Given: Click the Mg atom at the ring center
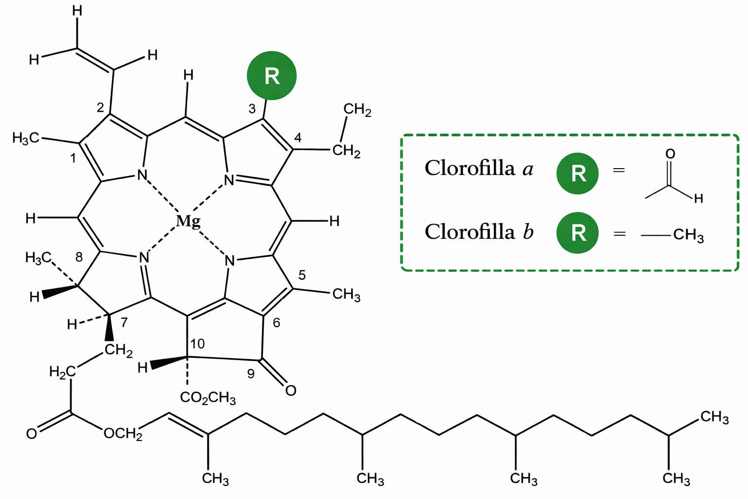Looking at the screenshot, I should [188, 222].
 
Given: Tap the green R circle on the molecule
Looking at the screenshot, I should [272, 76].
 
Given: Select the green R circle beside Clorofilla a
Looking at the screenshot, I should [578, 173].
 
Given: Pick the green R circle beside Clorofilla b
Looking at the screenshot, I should [578, 233].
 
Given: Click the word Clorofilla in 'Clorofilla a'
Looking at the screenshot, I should [470, 169].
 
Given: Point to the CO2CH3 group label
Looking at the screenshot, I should [208, 398].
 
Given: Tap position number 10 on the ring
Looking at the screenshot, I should [197, 344].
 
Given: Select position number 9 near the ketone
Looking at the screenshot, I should [251, 374].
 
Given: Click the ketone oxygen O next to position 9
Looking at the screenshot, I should [291, 391].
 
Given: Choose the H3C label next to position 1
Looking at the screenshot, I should [25, 138].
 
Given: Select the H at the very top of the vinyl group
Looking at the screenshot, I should [77, 11].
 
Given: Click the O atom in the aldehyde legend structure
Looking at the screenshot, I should [670, 154].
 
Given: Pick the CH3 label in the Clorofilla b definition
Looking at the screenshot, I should [688, 235].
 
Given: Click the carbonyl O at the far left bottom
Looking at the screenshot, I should [32, 434].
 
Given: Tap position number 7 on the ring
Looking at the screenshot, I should [124, 323].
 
